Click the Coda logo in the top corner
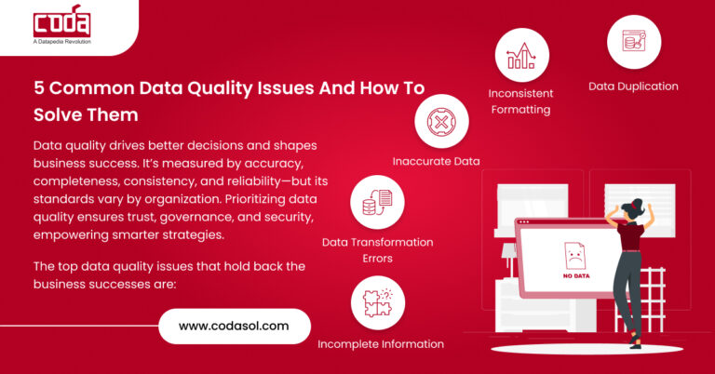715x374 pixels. (60, 21)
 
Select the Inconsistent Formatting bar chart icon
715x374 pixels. (520, 54)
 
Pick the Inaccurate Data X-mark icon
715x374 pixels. (441, 121)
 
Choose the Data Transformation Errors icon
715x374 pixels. (377, 202)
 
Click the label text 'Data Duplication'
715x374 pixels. (633, 87)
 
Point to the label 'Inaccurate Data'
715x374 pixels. (436, 161)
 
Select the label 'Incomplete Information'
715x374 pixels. (381, 344)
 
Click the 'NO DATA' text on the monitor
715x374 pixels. (574, 275)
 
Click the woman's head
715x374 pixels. (635, 204)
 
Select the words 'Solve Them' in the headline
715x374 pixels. (86, 114)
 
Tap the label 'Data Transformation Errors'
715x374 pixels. (377, 249)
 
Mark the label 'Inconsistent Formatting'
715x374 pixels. (520, 101)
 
